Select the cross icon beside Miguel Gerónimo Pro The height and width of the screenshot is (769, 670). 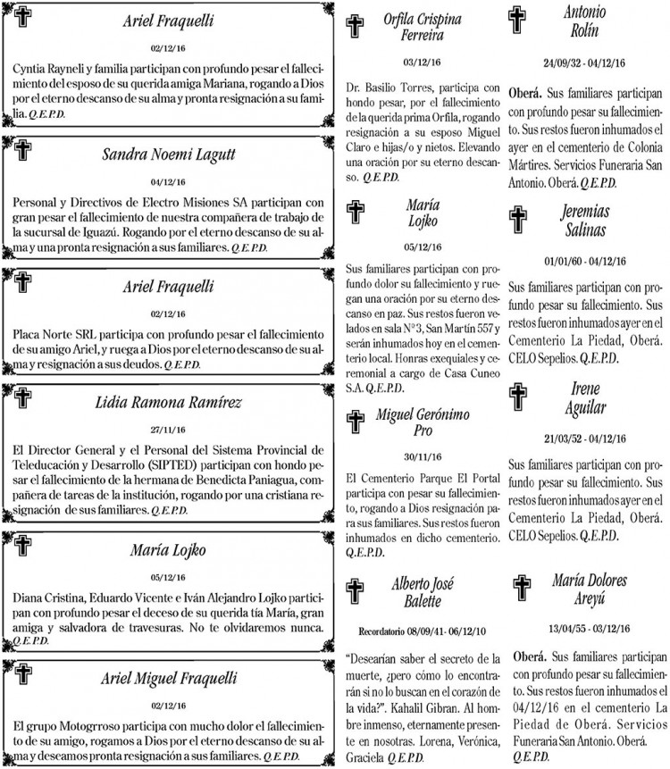click(x=356, y=421)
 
